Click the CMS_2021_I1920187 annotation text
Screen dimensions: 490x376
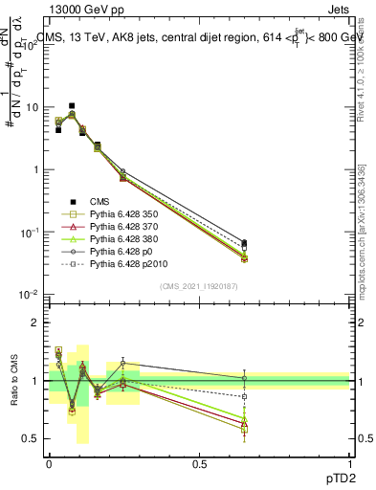tap(199, 286)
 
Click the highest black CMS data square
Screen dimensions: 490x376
tap(72, 106)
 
